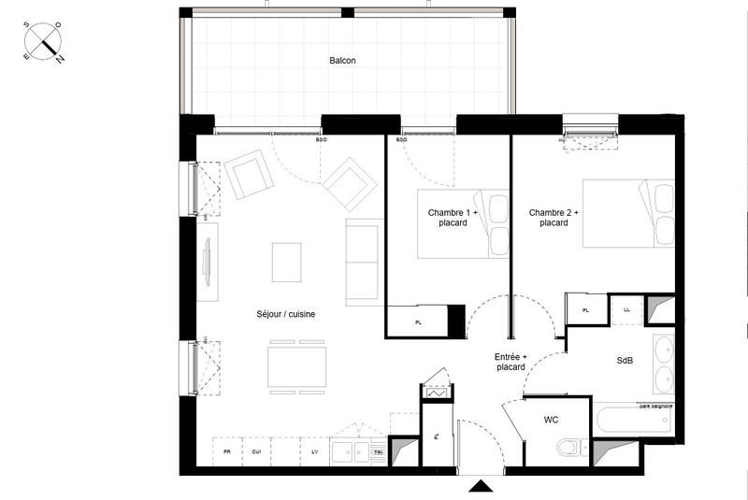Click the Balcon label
[342, 61]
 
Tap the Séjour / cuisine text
[286, 315]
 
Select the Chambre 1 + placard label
[453, 218]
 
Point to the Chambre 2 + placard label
[554, 218]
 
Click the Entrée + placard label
[511, 362]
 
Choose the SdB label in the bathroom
[626, 361]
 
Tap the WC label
[552, 421]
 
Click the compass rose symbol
[43, 42]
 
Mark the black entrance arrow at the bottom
[481, 486]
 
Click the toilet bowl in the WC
[568, 448]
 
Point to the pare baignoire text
[655, 407]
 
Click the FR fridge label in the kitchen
[226, 451]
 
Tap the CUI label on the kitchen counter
[255, 451]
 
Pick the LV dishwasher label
[314, 451]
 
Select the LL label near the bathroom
[626, 309]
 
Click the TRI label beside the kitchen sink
[377, 451]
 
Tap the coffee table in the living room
[287, 262]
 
